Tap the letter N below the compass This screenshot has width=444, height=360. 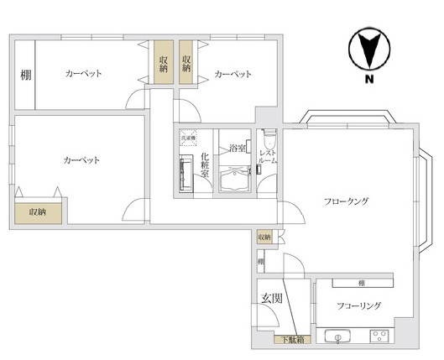point(368,81)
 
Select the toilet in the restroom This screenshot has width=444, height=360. point(267,137)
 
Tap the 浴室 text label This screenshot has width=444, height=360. point(237,149)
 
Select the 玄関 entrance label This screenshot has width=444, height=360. point(269,297)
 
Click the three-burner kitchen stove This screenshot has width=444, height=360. point(380,339)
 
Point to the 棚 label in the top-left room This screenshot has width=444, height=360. point(25,75)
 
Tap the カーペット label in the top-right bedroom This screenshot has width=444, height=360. point(233,75)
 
